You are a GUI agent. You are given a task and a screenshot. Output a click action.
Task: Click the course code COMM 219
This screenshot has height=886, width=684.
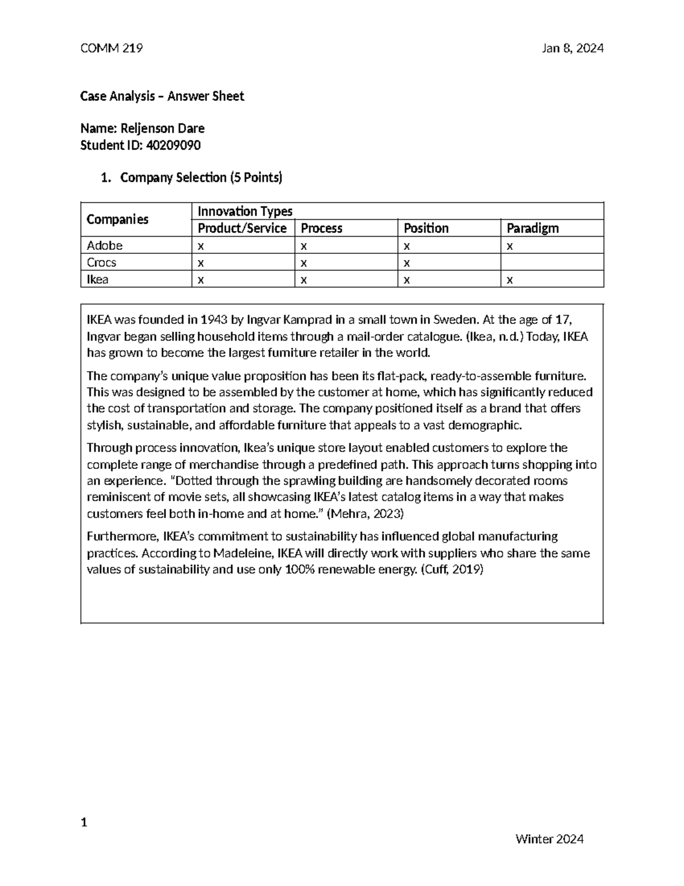click(112, 48)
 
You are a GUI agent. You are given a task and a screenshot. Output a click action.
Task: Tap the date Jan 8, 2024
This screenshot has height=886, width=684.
click(573, 48)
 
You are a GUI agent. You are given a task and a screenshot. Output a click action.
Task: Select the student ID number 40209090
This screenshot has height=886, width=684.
click(173, 145)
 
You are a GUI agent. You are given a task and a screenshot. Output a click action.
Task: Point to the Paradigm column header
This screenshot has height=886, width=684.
click(532, 228)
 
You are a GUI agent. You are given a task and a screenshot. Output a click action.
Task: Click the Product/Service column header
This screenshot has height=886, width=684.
click(242, 228)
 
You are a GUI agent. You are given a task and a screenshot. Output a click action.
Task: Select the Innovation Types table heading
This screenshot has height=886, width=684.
click(245, 212)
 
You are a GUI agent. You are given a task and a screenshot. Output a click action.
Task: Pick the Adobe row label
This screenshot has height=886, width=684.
click(104, 245)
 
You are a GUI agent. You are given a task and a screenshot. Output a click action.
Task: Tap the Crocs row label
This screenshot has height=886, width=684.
click(101, 262)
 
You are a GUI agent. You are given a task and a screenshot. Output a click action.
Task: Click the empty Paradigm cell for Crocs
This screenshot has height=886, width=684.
click(551, 262)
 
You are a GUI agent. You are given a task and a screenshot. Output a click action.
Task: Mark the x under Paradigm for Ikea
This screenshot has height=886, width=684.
click(510, 280)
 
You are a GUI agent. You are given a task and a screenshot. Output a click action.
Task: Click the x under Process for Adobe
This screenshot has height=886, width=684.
click(304, 246)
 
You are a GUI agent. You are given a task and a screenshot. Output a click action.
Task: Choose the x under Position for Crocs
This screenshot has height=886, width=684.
click(406, 263)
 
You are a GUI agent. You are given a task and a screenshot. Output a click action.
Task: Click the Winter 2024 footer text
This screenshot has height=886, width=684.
click(549, 839)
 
